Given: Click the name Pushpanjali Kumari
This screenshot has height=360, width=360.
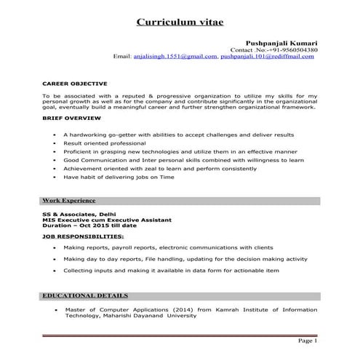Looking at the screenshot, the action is pos(283,44).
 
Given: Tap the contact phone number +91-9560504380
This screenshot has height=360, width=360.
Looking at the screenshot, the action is pos(299,50).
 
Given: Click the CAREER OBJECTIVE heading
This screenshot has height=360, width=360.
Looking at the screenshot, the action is pos(75,84).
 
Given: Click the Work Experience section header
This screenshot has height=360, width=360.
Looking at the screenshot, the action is pos(68,199).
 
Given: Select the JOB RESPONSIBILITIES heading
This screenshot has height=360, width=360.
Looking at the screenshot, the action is pos(82,237).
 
